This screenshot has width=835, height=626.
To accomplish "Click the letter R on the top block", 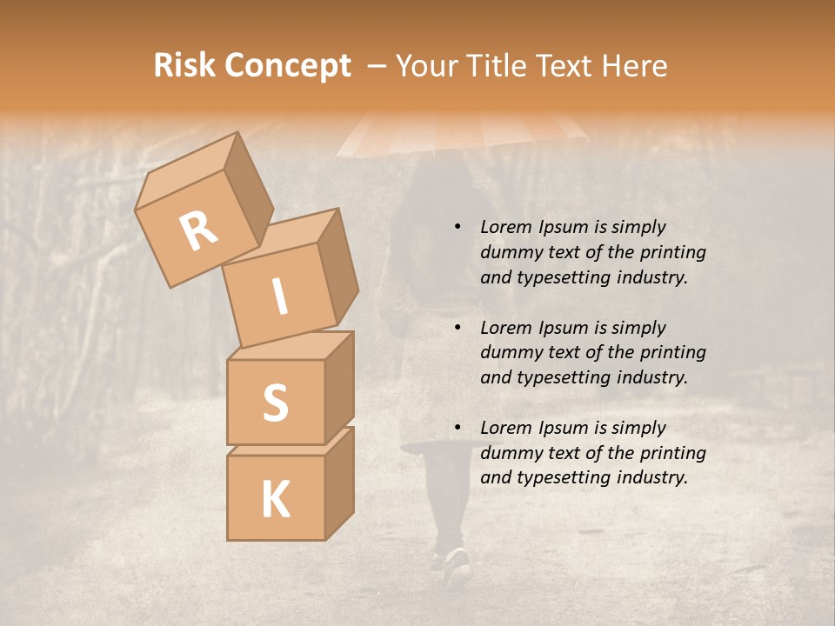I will point(198,230).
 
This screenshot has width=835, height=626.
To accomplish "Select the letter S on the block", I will point(275,402).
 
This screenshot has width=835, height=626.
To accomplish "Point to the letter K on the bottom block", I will point(275,500).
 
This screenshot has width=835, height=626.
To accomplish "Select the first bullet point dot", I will point(457,227).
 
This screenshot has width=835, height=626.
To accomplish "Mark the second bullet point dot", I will point(457,328).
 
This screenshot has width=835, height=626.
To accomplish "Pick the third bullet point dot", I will point(457,428).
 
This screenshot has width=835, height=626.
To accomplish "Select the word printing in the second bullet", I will point(672,352).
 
